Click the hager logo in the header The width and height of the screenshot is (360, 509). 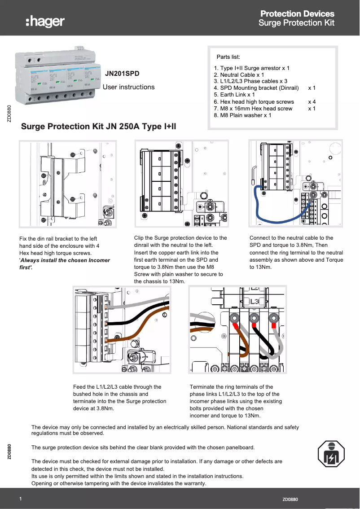45,21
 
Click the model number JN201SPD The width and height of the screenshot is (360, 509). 122,72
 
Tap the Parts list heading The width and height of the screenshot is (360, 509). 228,57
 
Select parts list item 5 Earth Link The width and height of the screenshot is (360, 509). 234,95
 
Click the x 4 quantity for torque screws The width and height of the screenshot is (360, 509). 312,102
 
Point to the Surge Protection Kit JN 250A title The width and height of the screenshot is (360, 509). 99,127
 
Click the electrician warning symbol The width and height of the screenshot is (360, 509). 330,454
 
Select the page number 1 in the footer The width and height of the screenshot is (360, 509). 21,499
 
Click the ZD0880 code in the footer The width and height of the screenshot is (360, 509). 290,499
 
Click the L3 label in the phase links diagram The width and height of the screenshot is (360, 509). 255,301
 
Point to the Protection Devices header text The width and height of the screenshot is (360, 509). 297,14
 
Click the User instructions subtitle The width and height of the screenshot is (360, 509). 128,87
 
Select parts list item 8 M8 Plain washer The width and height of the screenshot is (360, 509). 242,115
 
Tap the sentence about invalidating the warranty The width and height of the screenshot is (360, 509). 119,483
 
